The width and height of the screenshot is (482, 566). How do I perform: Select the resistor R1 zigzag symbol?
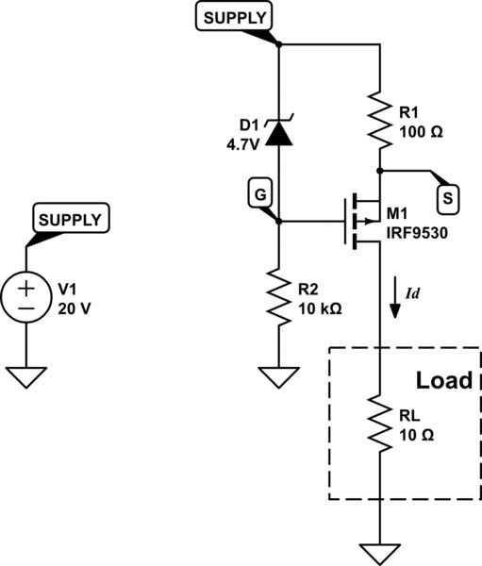click(x=379, y=119)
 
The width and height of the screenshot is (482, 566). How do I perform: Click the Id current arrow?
click(x=396, y=303)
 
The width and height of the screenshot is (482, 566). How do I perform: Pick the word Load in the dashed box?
click(x=444, y=381)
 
